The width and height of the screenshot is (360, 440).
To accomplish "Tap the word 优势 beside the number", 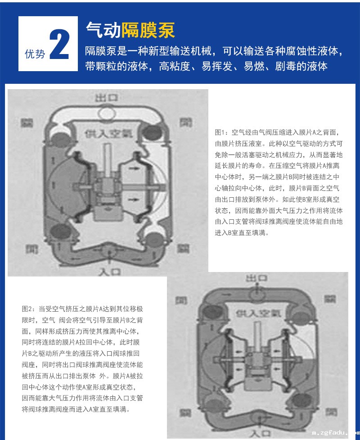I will [x=35, y=54].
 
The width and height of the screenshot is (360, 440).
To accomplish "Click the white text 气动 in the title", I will [x=103, y=30].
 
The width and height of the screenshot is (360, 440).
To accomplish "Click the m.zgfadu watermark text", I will [x=335, y=433].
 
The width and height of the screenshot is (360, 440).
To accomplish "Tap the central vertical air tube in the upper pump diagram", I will [x=108, y=155].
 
